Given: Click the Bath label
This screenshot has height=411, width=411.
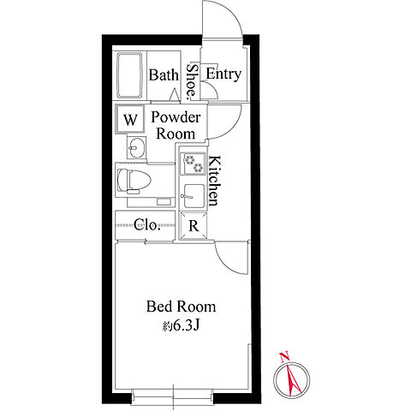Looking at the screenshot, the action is click(x=164, y=75).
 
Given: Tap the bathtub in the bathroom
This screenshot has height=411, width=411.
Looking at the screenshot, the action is click(x=129, y=75).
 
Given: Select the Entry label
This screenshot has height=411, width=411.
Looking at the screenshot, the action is click(x=223, y=74).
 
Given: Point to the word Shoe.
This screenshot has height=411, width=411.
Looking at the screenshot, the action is click(x=192, y=82).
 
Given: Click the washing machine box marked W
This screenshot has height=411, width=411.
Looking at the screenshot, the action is click(x=130, y=119).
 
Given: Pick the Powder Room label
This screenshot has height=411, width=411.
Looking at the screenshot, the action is click(x=176, y=126).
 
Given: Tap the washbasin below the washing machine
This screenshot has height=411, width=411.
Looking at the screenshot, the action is click(x=136, y=147).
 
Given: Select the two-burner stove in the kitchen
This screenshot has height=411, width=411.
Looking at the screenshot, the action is click(x=193, y=164).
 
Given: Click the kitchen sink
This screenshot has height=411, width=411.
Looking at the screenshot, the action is click(x=193, y=196).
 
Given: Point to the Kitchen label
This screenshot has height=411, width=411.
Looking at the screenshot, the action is click(x=214, y=181).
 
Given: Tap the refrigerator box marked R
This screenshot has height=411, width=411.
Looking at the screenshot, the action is click(x=194, y=226).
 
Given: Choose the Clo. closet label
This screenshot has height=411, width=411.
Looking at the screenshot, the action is click(x=146, y=225).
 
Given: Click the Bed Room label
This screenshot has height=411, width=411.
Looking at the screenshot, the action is click(x=182, y=307).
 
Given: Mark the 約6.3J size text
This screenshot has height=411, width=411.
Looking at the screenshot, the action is click(x=181, y=325).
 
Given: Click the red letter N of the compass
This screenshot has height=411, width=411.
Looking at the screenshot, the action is click(x=284, y=357).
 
